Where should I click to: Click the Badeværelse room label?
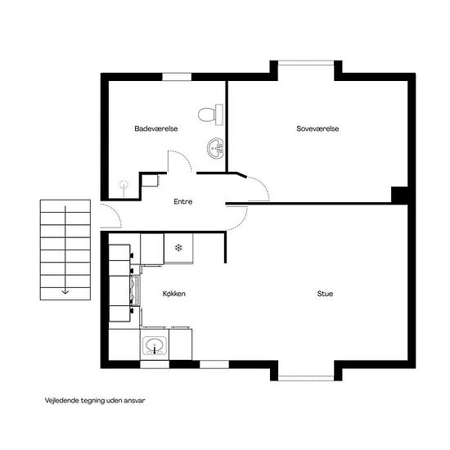click(156, 128)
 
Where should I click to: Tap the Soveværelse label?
click(317, 128)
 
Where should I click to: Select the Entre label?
click(182, 201)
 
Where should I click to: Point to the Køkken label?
click(174, 294)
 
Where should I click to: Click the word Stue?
click(325, 294)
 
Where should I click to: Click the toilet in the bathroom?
click(210, 115)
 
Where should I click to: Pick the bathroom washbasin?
click(215, 148)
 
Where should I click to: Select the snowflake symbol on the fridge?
click(178, 247)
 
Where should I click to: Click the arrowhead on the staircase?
click(65, 292)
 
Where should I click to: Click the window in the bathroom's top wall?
click(177, 77)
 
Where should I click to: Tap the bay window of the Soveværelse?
click(306, 62)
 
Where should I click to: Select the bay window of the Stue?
click(306, 378)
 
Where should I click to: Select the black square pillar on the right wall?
click(400, 195)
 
